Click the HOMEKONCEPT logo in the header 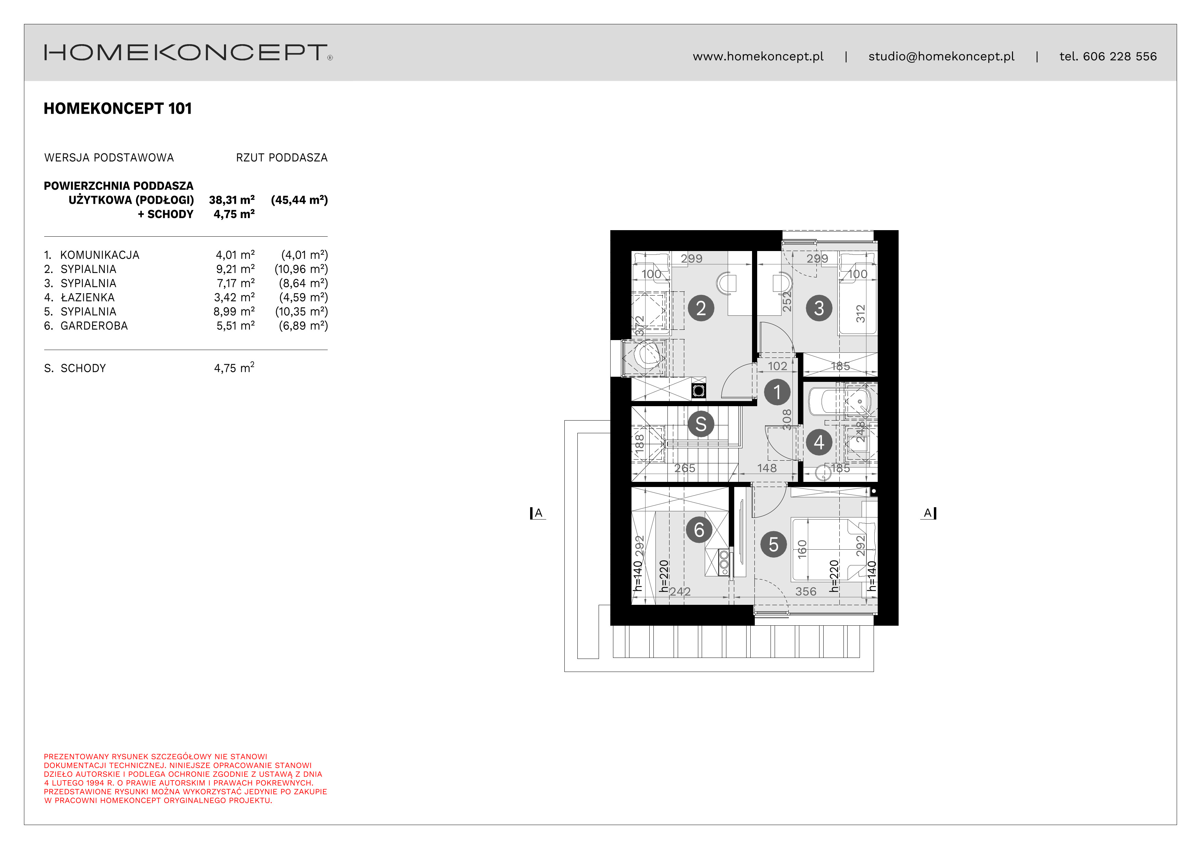pyautogui.click(x=188, y=52)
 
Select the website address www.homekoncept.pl pyautogui.click(x=758, y=57)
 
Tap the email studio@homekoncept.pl pyautogui.click(x=941, y=57)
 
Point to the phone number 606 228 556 pyautogui.click(x=1119, y=57)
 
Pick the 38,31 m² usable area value pyautogui.click(x=232, y=200)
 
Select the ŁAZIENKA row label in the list pyautogui.click(x=87, y=297)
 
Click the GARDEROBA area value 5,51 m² pyautogui.click(x=235, y=325)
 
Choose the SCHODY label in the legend pyautogui.click(x=83, y=368)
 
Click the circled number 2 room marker pyautogui.click(x=701, y=308)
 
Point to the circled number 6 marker pyautogui.click(x=699, y=530)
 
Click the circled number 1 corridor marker pyautogui.click(x=777, y=392)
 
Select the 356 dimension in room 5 pyautogui.click(x=805, y=592)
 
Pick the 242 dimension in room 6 pyautogui.click(x=680, y=592)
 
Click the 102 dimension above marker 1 pyautogui.click(x=777, y=366)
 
